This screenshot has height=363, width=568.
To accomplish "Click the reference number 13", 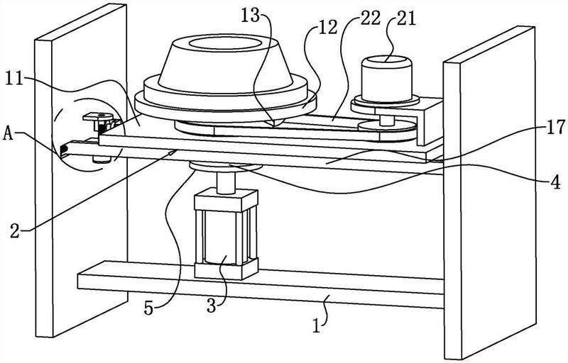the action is click(252, 16).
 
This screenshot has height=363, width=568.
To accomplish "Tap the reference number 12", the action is click(328, 27).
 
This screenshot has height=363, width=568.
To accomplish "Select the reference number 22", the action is click(371, 18).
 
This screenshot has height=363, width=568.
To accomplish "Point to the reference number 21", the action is click(406, 18).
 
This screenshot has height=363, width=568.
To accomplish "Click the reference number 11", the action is click(13, 79).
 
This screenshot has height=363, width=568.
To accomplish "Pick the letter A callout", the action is click(9, 134).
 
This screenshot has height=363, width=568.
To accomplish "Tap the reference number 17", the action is click(555, 128).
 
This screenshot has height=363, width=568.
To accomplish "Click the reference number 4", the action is click(555, 183).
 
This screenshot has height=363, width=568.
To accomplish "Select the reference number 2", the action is click(15, 230).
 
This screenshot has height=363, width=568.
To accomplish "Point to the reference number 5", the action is click(149, 308).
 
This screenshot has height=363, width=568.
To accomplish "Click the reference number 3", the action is click(211, 306).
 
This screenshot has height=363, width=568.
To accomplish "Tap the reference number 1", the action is click(317, 326).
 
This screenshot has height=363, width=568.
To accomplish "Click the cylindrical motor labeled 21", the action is click(386, 79).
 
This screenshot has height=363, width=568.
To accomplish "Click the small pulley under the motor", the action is click(386, 126).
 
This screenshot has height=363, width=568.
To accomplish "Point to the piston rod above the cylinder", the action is click(226, 184).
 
